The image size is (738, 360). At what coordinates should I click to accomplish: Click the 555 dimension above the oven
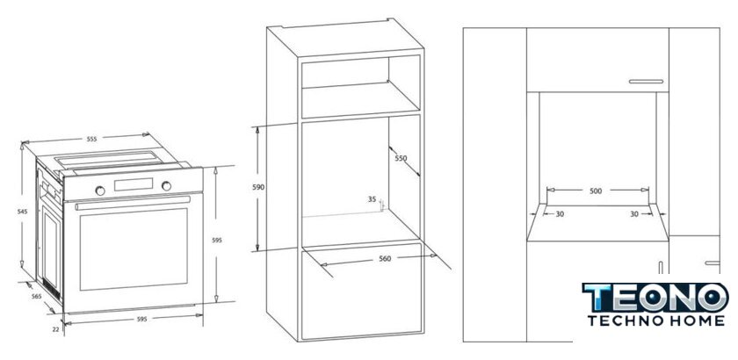[91, 139]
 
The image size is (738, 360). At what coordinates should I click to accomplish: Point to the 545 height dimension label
[23, 212]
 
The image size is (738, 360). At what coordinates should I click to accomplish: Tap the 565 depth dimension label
[36, 296]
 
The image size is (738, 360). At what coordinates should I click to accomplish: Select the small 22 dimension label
[55, 329]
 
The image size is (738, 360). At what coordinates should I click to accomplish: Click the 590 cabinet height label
[258, 187]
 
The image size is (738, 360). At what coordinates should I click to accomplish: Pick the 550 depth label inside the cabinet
[401, 158]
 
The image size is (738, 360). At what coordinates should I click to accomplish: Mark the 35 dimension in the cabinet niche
[372, 199]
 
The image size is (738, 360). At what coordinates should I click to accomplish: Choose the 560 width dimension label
[385, 258]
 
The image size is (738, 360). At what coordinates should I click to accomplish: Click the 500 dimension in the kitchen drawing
[596, 191]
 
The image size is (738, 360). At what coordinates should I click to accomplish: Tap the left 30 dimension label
[560, 214]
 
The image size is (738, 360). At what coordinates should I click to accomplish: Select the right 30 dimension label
[634, 214]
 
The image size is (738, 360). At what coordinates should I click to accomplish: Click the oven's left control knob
[100, 191]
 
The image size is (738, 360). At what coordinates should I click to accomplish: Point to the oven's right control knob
[166, 186]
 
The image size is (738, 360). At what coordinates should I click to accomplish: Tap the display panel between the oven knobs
[134, 184]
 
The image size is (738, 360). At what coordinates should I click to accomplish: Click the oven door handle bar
[133, 204]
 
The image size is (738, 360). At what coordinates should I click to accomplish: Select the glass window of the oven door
[134, 249]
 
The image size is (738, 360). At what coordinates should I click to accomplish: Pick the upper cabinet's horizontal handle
[646, 82]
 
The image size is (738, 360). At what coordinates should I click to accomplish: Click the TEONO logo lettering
[655, 298]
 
